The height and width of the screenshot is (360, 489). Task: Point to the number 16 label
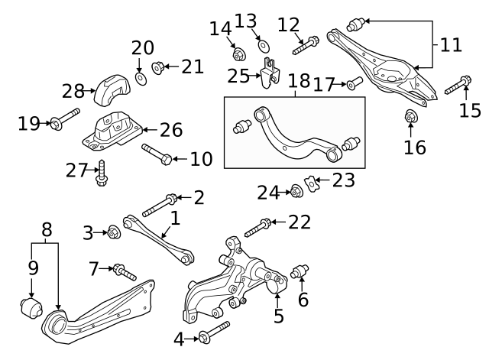click(x=415, y=147)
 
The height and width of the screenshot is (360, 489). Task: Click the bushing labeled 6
click(x=301, y=272)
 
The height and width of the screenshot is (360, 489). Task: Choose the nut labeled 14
click(x=238, y=54)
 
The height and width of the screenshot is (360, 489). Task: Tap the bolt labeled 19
click(x=64, y=120)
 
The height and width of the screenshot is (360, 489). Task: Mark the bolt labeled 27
click(x=100, y=175)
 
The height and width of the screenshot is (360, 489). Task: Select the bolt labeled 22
click(x=257, y=226)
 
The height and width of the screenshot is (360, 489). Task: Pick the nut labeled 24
click(x=296, y=190)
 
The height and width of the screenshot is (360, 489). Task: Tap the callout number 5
click(x=279, y=315)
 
